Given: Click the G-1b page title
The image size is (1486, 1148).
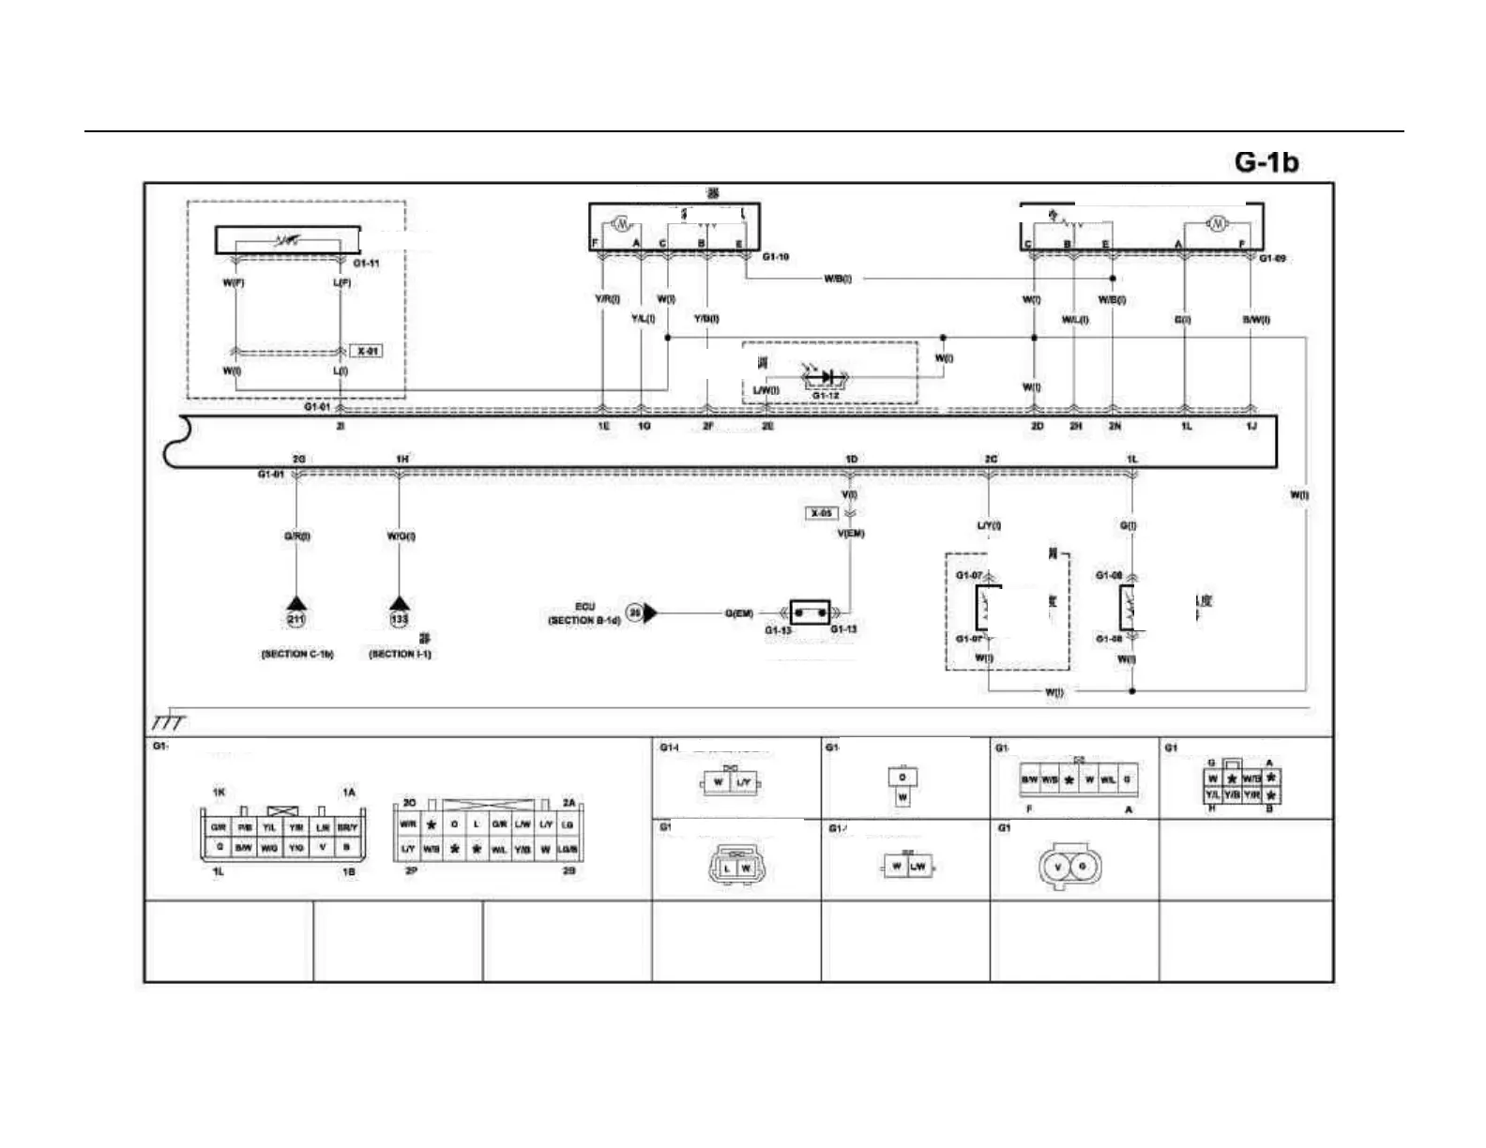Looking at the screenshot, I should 1266,161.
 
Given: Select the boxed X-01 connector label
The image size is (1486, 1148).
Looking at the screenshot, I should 367,352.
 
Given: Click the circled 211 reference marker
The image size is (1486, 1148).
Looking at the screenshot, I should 296,619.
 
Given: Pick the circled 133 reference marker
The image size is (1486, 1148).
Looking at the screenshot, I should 400,619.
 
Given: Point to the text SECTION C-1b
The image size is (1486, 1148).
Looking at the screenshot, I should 297,654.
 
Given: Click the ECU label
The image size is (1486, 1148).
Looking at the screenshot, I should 585,607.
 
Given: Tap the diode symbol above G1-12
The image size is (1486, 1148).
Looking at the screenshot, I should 826,377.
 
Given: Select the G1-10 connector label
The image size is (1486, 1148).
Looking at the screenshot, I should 776,257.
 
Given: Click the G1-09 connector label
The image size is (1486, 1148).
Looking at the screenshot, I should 1271,258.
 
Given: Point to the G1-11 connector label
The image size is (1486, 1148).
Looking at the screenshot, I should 367,264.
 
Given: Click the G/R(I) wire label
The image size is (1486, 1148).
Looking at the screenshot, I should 297,536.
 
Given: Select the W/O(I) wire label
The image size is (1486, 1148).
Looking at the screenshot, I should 401,536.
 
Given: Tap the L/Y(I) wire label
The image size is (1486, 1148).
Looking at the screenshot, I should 989,526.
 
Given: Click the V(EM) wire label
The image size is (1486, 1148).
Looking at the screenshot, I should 850,534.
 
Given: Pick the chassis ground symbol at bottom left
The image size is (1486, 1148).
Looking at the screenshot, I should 170,720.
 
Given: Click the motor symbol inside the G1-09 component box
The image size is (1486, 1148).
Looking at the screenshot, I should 1217,224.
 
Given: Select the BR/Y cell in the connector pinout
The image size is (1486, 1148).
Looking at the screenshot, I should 347,828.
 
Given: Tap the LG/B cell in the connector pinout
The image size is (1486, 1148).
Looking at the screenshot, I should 568,850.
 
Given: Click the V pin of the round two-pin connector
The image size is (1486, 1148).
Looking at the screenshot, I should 1057,867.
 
